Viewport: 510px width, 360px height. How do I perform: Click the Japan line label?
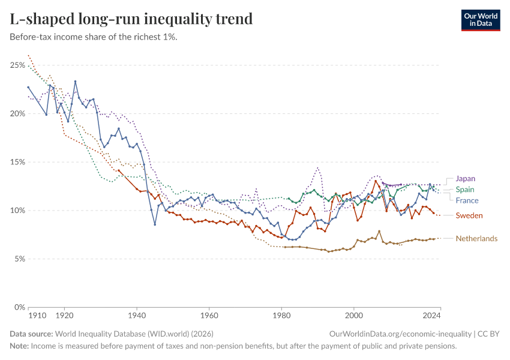point(466,179)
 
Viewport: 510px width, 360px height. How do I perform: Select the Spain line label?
point(465,190)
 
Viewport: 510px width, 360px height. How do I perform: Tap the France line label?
point(467,200)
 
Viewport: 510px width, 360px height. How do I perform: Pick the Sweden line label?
point(469,215)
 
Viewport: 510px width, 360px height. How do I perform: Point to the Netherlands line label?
point(476,239)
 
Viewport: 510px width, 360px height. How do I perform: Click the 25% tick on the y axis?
point(17,65)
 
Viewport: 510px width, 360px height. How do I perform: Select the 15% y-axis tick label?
point(17,162)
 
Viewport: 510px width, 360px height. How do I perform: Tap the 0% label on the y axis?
point(19,308)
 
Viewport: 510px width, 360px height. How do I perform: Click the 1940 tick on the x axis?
point(137,314)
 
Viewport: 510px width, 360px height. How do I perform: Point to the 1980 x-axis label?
point(281,314)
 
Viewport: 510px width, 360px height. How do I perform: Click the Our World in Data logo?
point(481,20)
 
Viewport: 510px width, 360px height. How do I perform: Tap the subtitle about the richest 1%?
point(93,37)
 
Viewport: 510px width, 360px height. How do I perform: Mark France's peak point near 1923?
point(75,82)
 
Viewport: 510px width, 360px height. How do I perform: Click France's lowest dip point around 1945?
point(155,224)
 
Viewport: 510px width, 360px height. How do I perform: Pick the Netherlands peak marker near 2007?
point(379,231)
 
